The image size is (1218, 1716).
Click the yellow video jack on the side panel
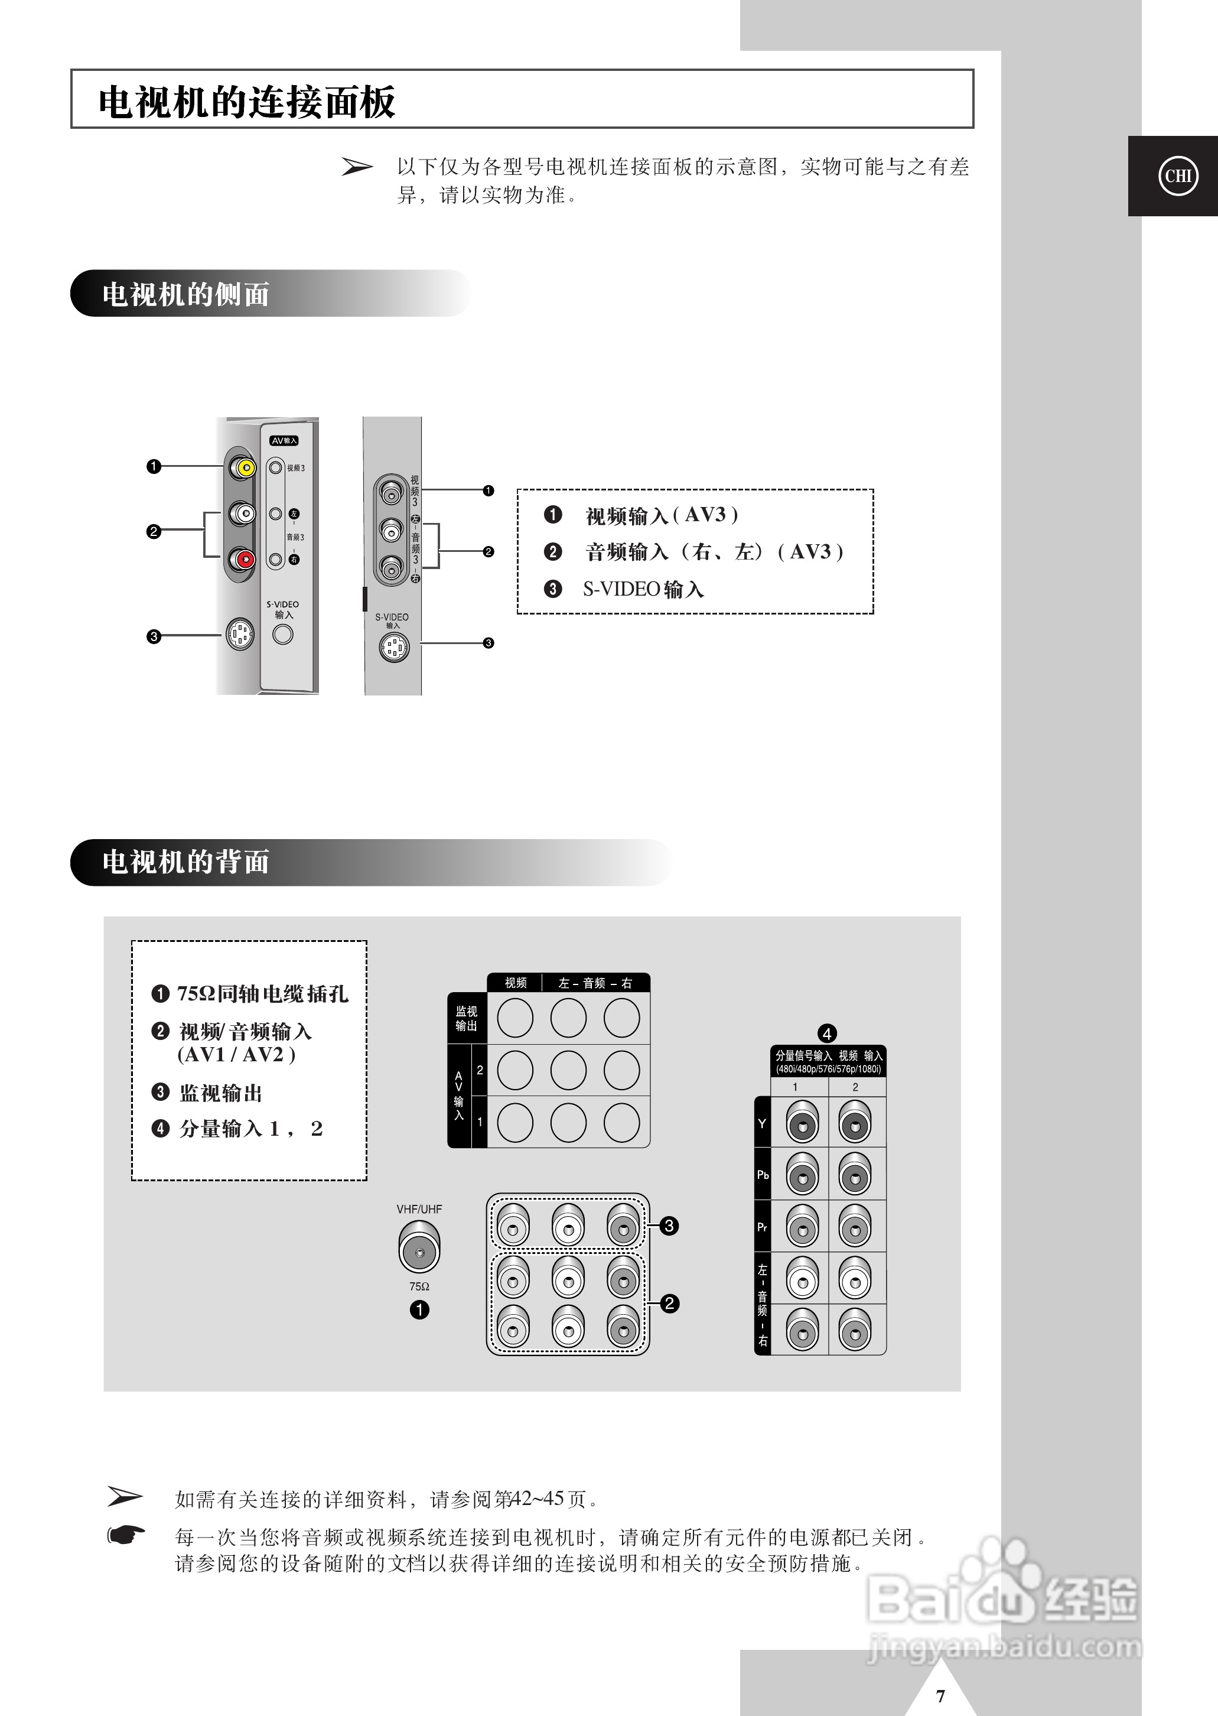pos(245,468)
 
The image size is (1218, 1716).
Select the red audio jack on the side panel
pos(244,560)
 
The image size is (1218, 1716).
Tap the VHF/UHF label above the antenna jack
pos(419,1209)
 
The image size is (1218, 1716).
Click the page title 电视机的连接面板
pos(247,102)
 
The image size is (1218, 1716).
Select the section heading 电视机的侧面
pos(185,294)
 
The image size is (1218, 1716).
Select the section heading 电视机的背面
pos(185,862)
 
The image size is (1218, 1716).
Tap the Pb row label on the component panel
pos(762,1174)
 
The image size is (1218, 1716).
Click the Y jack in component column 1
pos(802,1124)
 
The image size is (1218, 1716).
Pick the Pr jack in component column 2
pos(854,1227)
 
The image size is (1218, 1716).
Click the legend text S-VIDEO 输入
pos(643,590)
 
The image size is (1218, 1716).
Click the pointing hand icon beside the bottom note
pos(126,1535)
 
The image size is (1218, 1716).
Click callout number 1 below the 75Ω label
pos(419,1309)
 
